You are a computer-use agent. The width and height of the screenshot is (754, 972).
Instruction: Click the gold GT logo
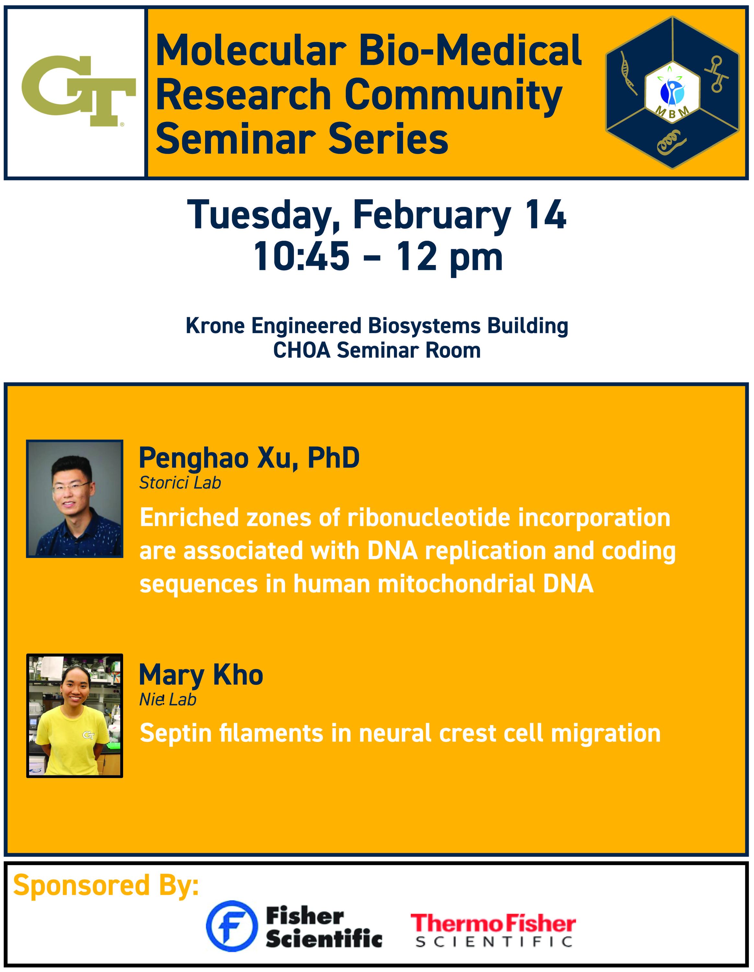pos(78,90)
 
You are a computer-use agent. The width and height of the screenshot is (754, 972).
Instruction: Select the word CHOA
pos(302,350)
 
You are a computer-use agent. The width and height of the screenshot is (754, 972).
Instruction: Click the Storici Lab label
pos(180,483)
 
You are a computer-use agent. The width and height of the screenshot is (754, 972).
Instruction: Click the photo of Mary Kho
pos(75,716)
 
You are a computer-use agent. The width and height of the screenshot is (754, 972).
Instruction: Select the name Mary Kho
pos(201,675)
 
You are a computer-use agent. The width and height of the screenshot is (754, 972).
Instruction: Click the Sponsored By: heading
pos(106,886)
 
